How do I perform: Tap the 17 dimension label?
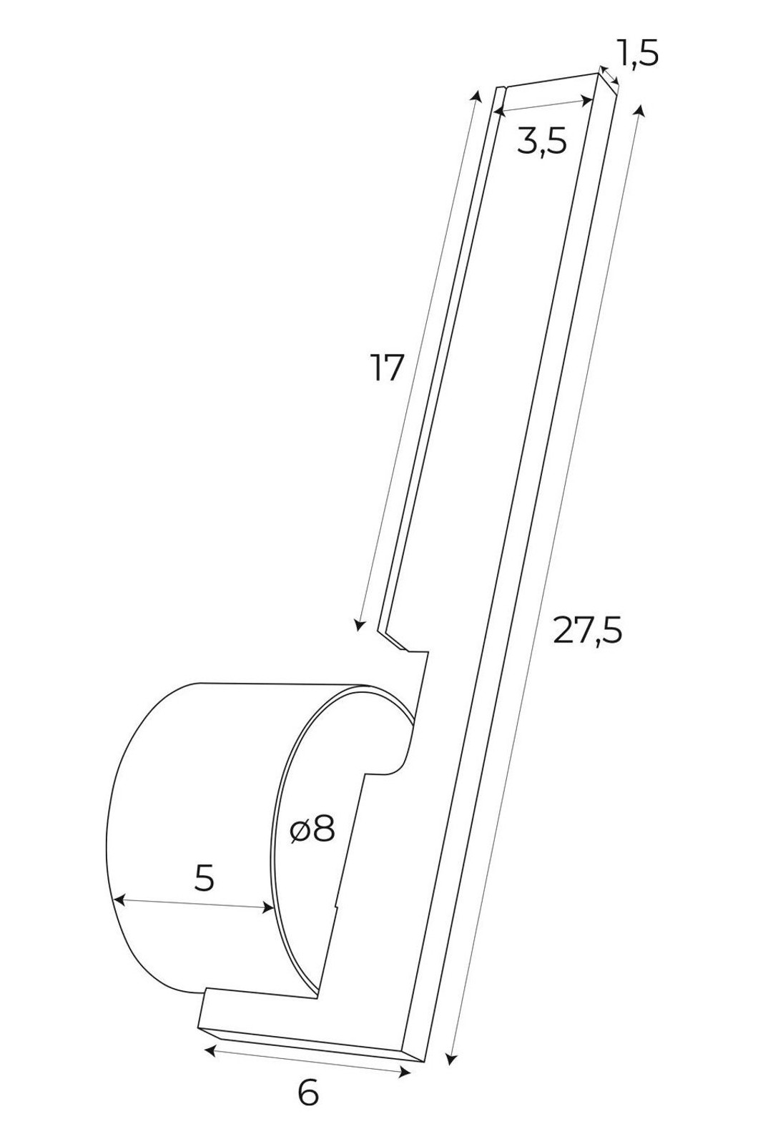(388, 368)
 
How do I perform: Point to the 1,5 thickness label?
(637, 53)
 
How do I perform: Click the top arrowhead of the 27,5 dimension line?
(639, 110)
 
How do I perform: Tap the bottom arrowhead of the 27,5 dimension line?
(450, 1057)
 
